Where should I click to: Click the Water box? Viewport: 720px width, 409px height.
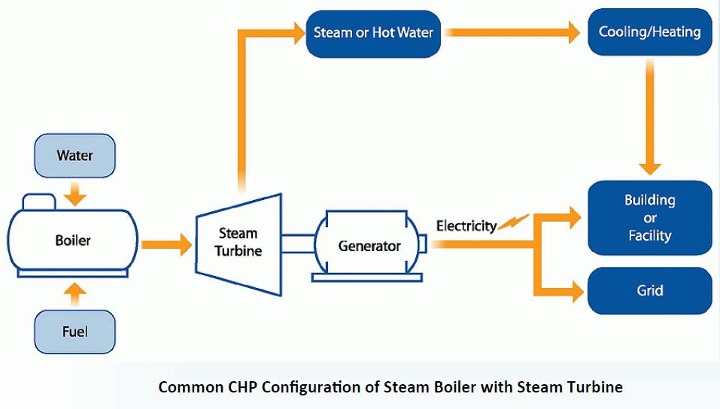coord(74,156)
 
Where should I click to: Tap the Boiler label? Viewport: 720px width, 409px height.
coord(73,241)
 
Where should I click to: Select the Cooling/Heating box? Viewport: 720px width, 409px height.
coord(649,32)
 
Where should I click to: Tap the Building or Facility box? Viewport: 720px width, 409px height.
coord(649,217)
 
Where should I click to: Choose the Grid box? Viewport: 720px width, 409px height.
coord(649,290)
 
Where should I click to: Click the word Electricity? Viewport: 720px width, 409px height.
coord(466,225)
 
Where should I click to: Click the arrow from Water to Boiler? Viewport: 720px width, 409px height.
coord(74,195)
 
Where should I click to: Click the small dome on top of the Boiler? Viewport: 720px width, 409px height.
coord(39,202)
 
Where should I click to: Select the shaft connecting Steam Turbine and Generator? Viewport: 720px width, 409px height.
coord(299,244)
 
